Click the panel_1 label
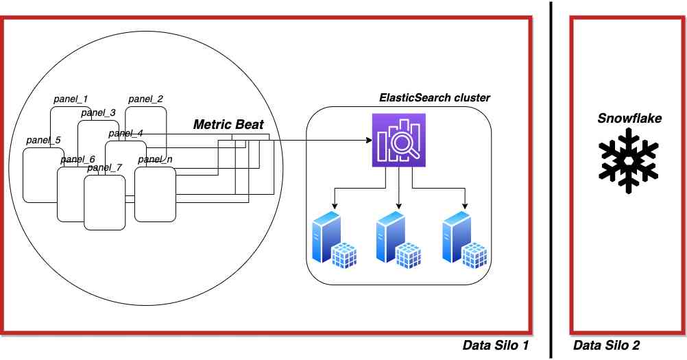pyautogui.click(x=71, y=99)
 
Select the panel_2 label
pyautogui.click(x=145, y=99)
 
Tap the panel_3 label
pyautogui.click(x=98, y=113)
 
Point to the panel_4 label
pyautogui.click(x=125, y=133)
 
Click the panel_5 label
pyautogui.click(x=43, y=141)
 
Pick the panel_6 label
pyautogui.click(x=77, y=160)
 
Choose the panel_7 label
pyautogui.click(x=104, y=167)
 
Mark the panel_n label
pyautogui.click(x=154, y=160)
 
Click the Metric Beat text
pyautogui.click(x=228, y=125)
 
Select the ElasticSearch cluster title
pyautogui.click(x=435, y=98)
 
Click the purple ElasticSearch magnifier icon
pyautogui.click(x=399, y=141)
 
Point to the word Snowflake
pyautogui.click(x=629, y=119)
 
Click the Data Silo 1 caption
pyautogui.click(x=496, y=346)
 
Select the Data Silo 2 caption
pyautogui.click(x=606, y=346)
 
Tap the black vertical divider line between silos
pyautogui.click(x=551, y=178)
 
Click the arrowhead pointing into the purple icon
pyautogui.click(x=367, y=141)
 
